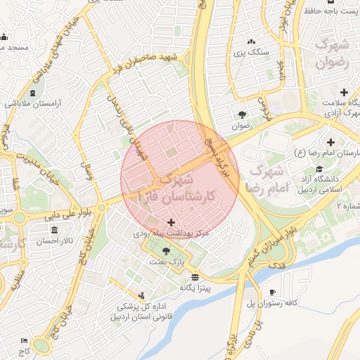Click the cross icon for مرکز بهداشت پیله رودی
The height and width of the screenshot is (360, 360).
point(171,222)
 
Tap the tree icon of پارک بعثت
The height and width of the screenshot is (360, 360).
point(166,251)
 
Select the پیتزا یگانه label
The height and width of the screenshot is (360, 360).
point(195,287)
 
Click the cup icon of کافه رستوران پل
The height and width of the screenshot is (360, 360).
point(273,292)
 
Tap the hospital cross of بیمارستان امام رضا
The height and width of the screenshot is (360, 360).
point(331,143)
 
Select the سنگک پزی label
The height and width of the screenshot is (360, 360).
point(251,51)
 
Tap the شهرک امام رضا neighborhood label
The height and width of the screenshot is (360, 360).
point(266,180)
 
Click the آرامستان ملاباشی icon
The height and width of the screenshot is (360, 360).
point(32,94)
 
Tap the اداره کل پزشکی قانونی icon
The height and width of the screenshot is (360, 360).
point(143,295)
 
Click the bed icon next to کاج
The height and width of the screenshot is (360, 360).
point(25,340)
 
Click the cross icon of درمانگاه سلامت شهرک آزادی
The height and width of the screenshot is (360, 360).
point(344,92)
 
